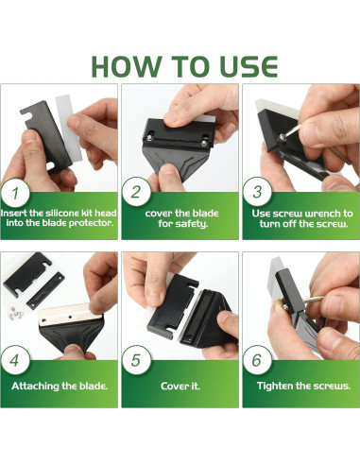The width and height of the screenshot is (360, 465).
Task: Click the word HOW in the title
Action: [x=126, y=66]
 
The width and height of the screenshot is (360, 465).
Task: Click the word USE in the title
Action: [x=249, y=66]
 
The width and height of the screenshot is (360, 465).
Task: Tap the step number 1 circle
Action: [x=15, y=193]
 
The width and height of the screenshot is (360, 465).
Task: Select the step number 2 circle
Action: [x=136, y=192]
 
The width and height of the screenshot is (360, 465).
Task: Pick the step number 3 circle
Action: [x=257, y=192]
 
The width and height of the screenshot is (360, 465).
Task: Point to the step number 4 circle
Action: [x=15, y=360]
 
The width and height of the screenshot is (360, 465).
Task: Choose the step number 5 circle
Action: [x=136, y=360]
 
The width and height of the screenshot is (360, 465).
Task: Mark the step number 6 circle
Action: [x=257, y=360]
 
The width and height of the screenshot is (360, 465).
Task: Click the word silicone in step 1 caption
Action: [x=62, y=214]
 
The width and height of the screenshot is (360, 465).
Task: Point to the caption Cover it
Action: [x=180, y=386]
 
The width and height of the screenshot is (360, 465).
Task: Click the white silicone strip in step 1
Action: [x=69, y=128]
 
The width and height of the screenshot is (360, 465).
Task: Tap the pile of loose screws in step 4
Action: [x=16, y=312]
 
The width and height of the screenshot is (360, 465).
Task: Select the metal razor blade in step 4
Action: [x=70, y=318]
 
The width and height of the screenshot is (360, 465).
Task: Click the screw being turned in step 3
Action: [x=281, y=137]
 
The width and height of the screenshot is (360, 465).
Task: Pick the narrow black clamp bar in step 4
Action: [x=45, y=291]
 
